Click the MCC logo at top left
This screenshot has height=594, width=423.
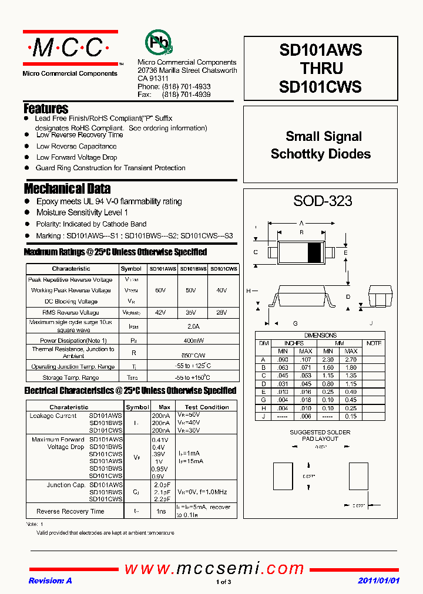click(69, 48)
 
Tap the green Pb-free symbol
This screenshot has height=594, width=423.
click(159, 42)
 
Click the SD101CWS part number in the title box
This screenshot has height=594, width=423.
click(320, 87)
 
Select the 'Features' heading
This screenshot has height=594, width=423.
click(46, 109)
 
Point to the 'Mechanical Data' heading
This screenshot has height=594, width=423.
click(67, 188)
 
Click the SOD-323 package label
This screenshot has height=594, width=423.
click(323, 201)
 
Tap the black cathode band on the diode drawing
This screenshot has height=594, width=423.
click(315, 252)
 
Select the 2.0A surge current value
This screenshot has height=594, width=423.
click(193, 326)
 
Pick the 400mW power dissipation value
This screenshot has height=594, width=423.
click(193, 340)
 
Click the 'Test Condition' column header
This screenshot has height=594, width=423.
click(207, 407)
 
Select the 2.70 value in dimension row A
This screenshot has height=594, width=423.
click(351, 359)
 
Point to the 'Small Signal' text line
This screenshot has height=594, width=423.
click(323, 136)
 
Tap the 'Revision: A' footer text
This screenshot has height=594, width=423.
click(50, 580)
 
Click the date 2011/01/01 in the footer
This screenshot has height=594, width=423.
click(378, 580)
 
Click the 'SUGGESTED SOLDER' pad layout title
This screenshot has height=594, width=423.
click(320, 432)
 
